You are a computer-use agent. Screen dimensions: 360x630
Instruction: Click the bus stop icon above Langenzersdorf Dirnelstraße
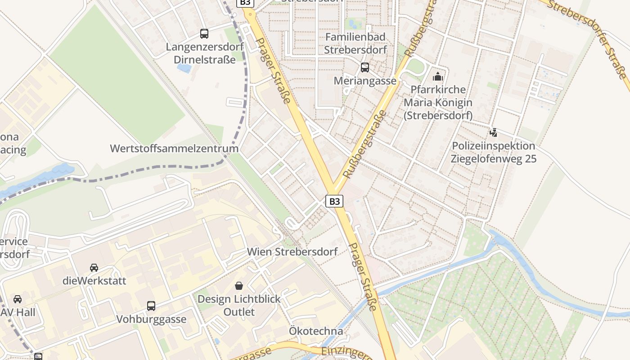coord(204,33)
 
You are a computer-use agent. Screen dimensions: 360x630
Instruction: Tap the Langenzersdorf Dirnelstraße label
coord(205,53)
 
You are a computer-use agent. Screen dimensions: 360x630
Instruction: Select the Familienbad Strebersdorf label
coord(355,43)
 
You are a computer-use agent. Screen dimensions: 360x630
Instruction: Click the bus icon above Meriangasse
coord(365,67)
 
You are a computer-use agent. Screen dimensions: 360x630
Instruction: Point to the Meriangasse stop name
coord(365,81)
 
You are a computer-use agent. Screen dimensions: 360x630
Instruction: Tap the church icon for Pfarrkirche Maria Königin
coord(438,76)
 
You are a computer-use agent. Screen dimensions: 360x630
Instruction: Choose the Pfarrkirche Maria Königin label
coord(438,103)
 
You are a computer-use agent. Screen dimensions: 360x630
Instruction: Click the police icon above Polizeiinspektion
coord(494,133)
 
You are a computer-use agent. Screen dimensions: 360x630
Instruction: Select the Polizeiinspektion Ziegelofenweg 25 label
coord(494,152)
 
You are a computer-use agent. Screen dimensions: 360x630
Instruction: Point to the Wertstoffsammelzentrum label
coord(174,148)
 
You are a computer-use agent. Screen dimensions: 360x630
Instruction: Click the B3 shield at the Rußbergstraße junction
coord(334,201)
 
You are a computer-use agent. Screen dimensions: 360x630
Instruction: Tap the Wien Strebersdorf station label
coord(292,252)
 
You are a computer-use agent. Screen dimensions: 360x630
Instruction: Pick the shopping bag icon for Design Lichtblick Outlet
coord(239,286)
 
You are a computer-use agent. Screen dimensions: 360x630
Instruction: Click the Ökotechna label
coord(316,331)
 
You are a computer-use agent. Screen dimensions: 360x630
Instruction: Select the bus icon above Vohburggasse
coord(151,306)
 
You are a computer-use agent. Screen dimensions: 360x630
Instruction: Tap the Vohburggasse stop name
coord(151,319)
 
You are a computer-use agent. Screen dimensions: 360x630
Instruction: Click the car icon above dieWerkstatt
coord(94,268)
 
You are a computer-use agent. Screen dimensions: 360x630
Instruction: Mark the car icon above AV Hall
coord(18,299)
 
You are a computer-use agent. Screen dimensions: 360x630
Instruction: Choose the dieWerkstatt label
coord(94,281)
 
